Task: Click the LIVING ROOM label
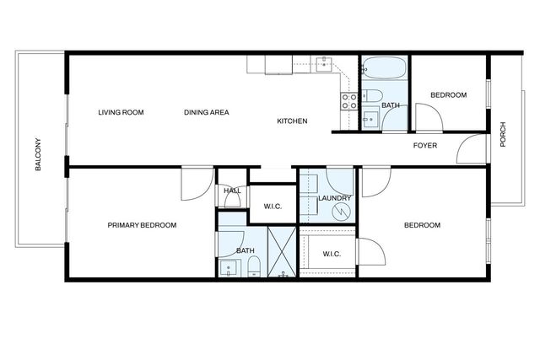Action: coord(121,112)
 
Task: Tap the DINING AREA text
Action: coord(207,112)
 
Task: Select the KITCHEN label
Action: coord(292,121)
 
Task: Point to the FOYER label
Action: coord(424,146)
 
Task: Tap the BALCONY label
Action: coord(39,154)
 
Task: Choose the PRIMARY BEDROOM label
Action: coord(142,225)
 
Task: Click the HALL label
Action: coord(232,191)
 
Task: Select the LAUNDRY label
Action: coord(334,198)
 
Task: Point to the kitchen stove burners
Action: coord(348,100)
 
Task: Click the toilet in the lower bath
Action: coord(253,266)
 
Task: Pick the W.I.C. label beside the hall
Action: coord(272,207)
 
